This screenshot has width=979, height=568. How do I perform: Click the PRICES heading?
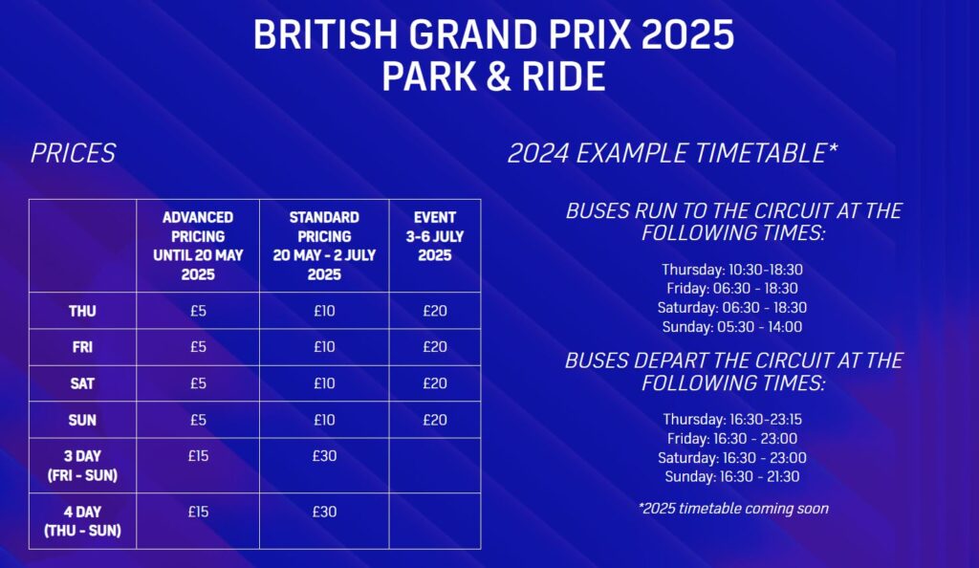coord(73,153)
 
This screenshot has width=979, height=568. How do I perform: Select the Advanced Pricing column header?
coord(198,246)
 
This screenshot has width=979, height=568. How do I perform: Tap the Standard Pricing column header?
coord(324,246)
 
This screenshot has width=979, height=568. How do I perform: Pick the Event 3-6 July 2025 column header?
coord(435,236)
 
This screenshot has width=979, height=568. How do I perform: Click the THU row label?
coord(82,311)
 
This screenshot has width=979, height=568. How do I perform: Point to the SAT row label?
coord(82,383)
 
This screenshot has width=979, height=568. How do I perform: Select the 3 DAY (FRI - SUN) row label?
coord(82,466)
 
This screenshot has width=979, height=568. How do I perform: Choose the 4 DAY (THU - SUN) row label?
coord(82,521)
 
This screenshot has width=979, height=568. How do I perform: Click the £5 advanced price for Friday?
coord(198,347)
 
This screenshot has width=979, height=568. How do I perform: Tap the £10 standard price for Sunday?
coord(324,420)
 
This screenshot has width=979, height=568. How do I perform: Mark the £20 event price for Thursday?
coord(435,311)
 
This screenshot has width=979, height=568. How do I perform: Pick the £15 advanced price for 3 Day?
coord(198,456)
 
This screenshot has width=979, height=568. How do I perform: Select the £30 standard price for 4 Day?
coord(324,512)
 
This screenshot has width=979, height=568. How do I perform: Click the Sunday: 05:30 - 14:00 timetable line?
coord(732,326)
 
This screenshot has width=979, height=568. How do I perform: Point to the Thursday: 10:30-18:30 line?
coord(732,270)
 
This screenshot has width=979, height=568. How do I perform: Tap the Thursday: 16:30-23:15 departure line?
coord(732,420)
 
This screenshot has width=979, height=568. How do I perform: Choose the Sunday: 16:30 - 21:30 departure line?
coord(732,477)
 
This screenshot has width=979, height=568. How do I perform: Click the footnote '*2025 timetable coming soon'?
coord(733,509)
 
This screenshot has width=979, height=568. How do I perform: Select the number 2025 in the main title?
coord(687,34)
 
